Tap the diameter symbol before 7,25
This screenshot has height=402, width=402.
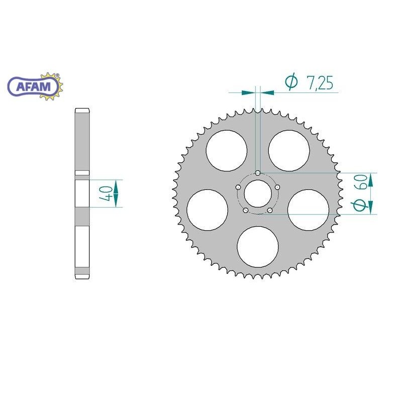pyautogui.click(x=291, y=82)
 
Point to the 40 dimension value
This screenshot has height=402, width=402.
pyautogui.click(x=106, y=192)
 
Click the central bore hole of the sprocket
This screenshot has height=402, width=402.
pyautogui.click(x=257, y=193)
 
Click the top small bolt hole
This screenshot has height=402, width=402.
pyautogui.click(x=257, y=173)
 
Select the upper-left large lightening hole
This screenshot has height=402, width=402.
pyautogui.click(x=227, y=150)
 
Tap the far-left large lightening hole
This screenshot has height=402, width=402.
pyautogui.click(x=207, y=210)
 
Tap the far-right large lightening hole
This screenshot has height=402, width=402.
pyautogui.click(x=308, y=210)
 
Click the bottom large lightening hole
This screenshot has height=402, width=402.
pyautogui.click(x=258, y=246)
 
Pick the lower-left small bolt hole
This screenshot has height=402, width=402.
pyautogui.click(x=245, y=210)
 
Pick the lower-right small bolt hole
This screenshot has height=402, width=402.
pyautogui.click(x=270, y=210)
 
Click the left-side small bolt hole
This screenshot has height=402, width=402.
pyautogui.click(x=238, y=187)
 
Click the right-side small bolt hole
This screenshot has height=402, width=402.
pyautogui.click(x=277, y=187)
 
